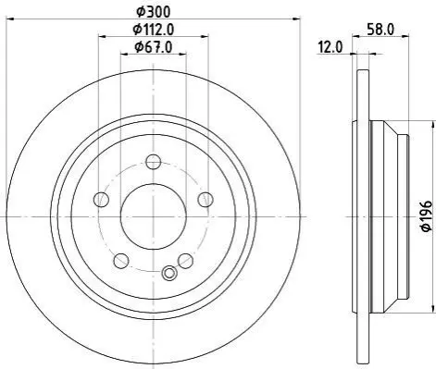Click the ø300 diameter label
(154, 12)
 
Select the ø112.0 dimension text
(154, 30)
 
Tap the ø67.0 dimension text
(154, 47)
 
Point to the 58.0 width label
(380, 30)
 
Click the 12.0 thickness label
(330, 47)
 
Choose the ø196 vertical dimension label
(426, 215)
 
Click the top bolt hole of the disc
(154, 162)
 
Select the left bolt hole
(101, 199)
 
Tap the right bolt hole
(206, 199)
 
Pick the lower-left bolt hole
(121, 261)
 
